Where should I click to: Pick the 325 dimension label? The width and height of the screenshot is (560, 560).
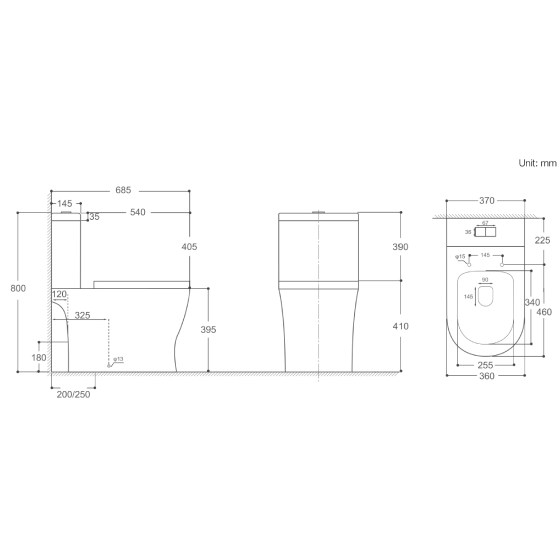82,315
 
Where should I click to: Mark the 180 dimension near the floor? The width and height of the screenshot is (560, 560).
39,356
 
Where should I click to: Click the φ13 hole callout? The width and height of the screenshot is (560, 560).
117,359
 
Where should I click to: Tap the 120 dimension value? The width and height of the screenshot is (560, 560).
59,295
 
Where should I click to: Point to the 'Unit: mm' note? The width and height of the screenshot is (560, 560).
535,161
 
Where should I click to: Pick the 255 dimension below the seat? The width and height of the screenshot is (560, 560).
483,366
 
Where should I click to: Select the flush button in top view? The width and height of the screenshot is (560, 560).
484,232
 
